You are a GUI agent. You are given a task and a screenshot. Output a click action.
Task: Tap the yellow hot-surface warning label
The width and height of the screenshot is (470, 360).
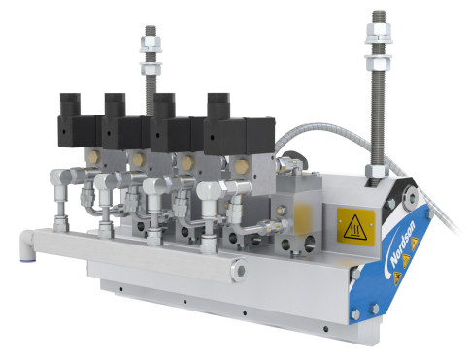click(x=355, y=225)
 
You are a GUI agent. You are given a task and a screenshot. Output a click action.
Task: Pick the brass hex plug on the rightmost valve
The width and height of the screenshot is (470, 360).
click(x=242, y=166)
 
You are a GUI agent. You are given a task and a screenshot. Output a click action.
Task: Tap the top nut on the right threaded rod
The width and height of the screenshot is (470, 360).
click(x=379, y=33)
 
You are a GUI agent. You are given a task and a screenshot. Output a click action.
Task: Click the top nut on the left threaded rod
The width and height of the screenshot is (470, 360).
click(x=151, y=45)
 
